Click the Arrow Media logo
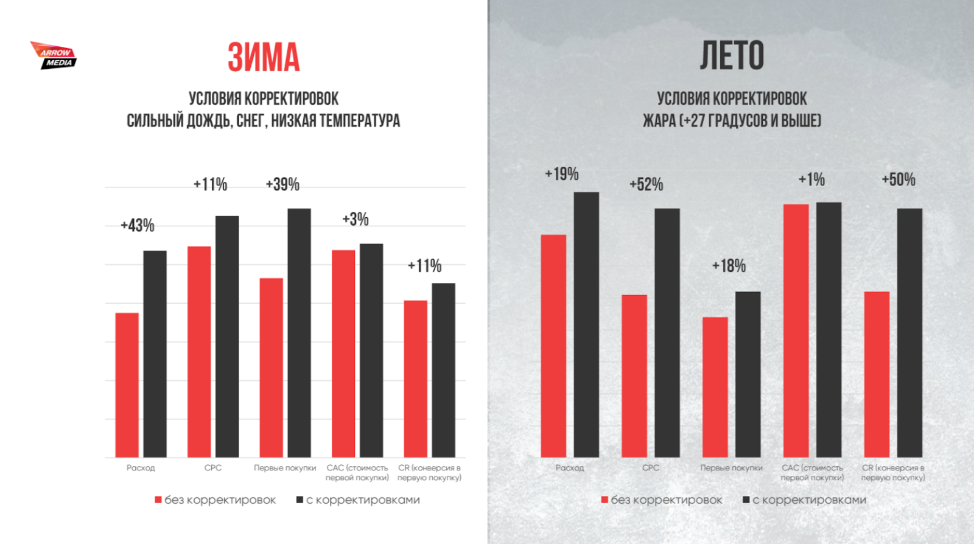click(54, 55)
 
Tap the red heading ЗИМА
click(264, 58)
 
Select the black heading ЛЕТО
click(732, 56)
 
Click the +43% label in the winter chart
click(138, 226)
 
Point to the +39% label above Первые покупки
click(282, 184)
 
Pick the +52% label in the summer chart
click(646, 184)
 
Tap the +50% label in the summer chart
click(899, 180)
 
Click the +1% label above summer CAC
click(811, 180)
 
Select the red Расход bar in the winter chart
click(127, 385)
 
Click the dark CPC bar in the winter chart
click(227, 336)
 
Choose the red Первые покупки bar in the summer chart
click(715, 387)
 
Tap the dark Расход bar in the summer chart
click(586, 324)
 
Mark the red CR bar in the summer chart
click(877, 374)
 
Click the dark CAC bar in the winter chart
click(371, 350)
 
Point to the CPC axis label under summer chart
click(651, 468)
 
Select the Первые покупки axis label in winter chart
click(285, 468)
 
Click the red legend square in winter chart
click(158, 500)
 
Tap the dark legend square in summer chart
click(746, 500)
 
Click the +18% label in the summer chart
click(729, 266)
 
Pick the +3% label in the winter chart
click(356, 219)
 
